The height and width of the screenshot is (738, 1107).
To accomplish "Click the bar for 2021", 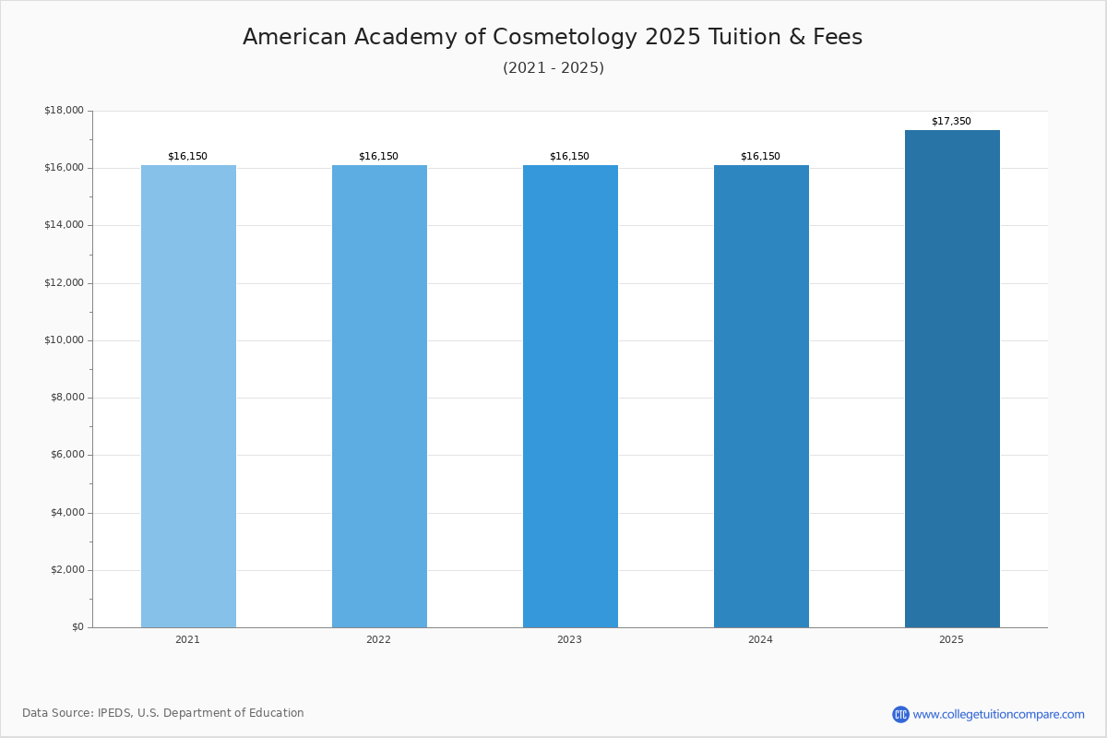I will coord(188,397).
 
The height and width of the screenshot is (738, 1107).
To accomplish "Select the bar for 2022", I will coord(379,397).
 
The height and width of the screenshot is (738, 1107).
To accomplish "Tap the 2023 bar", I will coord(570,397).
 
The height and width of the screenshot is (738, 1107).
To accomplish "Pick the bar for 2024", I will coord(761,397).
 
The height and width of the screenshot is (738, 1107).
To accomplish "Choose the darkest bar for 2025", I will coord(952,378).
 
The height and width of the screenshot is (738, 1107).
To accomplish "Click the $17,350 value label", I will coord(951,122).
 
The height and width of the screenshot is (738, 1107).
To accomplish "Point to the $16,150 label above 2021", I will coord(187,157).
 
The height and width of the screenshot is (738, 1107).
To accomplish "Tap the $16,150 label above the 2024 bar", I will coord(760,157).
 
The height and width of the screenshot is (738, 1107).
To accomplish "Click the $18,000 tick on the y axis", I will coord(64,111).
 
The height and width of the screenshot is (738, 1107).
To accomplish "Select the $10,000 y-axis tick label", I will coord(64,340).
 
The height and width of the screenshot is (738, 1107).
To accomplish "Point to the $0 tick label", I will coord(77,627).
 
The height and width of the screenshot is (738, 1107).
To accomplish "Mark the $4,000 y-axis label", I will coord(66,513).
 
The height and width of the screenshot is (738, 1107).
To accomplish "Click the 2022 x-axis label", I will coord(378,640).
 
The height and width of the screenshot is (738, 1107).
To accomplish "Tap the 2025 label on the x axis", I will coord(951,640).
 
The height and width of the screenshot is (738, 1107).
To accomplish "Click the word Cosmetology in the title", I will coord(565,38).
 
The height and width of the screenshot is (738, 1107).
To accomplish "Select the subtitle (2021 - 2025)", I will coord(553,68).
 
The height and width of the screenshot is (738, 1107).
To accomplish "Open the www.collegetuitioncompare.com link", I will coord(998,714).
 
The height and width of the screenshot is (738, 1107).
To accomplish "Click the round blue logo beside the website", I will coord(900,714).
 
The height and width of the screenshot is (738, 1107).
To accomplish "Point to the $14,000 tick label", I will coord(64,225).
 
